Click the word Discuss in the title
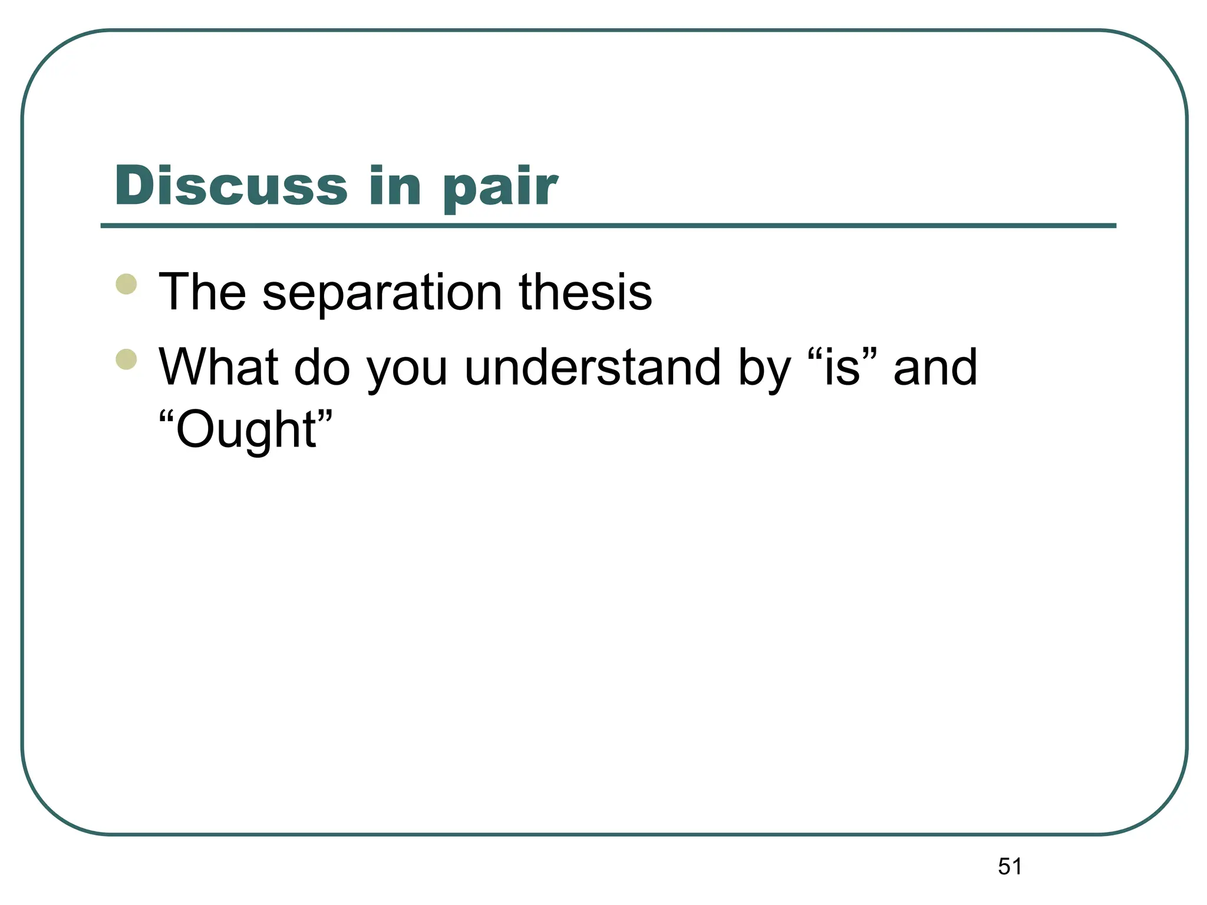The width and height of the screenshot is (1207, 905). click(231, 186)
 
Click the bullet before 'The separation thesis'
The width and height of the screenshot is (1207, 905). click(127, 284)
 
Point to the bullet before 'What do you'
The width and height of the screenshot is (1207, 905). click(127, 359)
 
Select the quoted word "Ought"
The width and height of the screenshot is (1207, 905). click(246, 430)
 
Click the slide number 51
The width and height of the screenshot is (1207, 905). click(1010, 866)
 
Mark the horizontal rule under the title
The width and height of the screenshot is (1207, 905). click(608, 226)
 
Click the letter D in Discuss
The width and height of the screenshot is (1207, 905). click(134, 186)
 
